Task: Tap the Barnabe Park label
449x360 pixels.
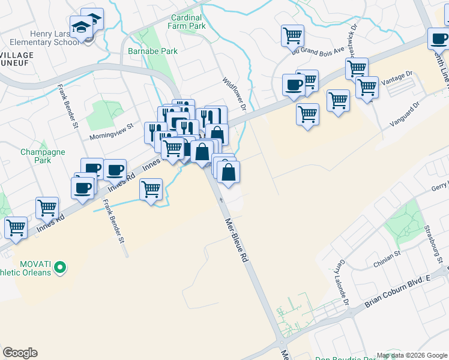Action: (x=152, y=51)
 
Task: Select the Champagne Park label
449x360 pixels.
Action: (x=42, y=156)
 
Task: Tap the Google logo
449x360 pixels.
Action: (x=20, y=353)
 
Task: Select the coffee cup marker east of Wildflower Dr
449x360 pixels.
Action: (x=294, y=85)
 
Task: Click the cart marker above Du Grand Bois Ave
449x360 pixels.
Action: (x=292, y=35)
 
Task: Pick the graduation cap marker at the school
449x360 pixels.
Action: (x=81, y=26)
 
